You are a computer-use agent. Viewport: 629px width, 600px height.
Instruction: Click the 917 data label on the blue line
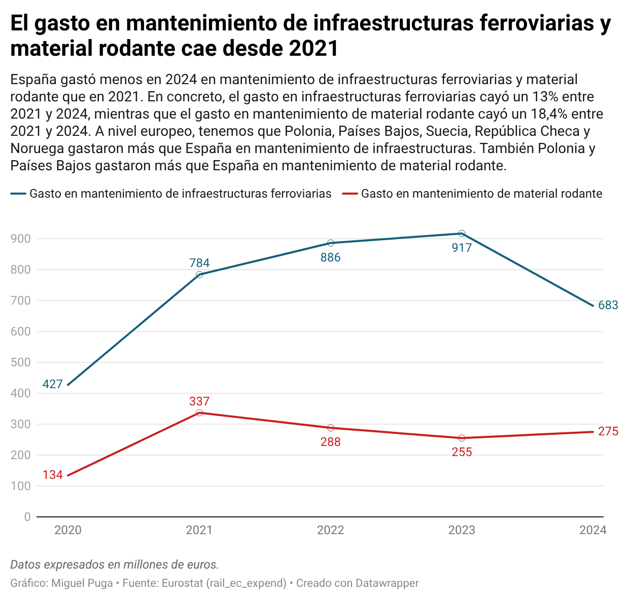462,248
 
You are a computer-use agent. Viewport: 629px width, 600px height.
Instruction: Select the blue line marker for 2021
199,275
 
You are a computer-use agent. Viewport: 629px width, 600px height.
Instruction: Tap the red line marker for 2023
462,438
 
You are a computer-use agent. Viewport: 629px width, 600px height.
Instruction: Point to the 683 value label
608,305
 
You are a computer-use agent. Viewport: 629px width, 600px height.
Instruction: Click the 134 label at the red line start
53,475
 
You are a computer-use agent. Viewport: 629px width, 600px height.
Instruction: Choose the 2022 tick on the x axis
330,530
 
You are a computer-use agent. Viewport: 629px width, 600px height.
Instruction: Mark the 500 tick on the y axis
20,362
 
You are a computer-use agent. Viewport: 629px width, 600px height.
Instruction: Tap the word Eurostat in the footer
183,583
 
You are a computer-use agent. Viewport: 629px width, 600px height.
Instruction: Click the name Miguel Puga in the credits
82,583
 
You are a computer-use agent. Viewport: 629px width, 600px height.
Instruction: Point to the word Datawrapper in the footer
387,583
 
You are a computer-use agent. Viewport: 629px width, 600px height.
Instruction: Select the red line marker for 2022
330,428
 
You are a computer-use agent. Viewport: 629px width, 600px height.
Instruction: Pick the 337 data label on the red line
199,401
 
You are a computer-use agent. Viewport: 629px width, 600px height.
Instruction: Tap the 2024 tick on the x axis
592,530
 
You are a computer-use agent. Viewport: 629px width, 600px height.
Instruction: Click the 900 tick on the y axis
20,239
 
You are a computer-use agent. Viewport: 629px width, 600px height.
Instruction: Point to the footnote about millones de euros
115,565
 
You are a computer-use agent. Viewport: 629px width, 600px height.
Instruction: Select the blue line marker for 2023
462,234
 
